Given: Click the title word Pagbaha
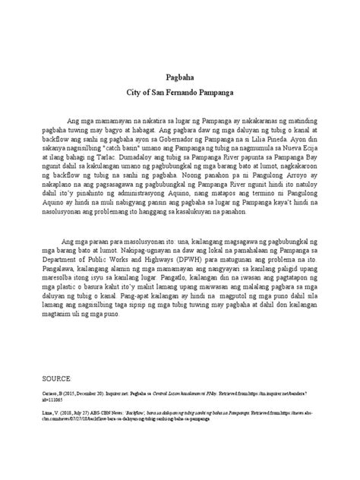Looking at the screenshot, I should (x=179, y=77).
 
